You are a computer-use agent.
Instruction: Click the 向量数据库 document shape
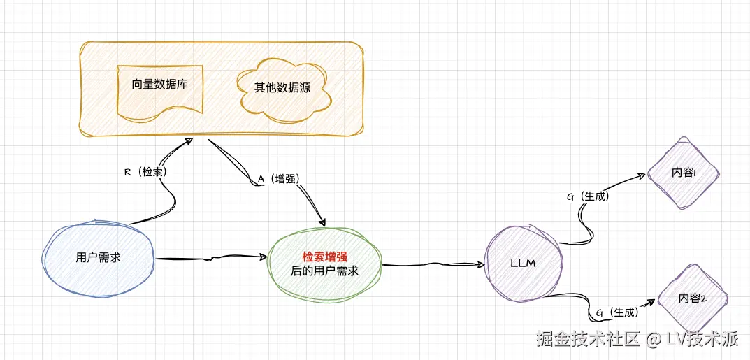159,88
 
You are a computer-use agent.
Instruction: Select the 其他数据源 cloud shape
284,88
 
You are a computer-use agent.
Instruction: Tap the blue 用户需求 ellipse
98,257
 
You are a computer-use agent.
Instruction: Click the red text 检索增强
324,257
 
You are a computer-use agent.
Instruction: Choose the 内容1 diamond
683,173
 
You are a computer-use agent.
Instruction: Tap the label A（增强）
279,179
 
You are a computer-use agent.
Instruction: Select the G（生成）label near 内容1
588,196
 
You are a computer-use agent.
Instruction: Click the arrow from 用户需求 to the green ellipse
210,259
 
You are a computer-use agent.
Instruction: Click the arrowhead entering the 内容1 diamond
644,175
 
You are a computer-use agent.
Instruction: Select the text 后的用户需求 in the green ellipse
324,271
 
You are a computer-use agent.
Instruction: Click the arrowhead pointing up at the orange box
189,141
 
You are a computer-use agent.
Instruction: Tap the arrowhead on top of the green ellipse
324,222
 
